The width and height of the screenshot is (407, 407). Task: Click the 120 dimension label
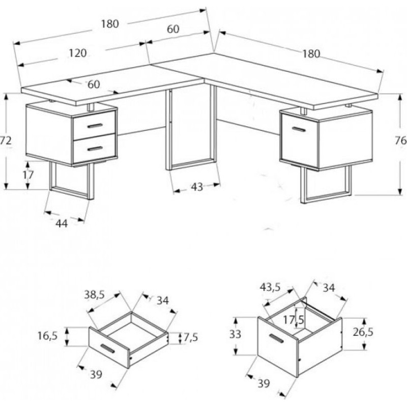click(x=78, y=53)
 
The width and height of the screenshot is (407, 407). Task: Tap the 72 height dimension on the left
click(x=6, y=141)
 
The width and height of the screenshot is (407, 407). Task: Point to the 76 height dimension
click(x=400, y=141)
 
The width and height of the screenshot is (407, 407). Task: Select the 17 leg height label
click(x=28, y=175)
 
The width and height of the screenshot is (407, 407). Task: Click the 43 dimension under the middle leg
click(x=197, y=186)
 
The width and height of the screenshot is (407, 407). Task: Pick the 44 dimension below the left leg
click(x=62, y=223)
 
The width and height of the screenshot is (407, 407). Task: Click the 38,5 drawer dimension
click(x=94, y=295)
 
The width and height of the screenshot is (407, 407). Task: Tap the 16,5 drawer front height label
click(x=47, y=336)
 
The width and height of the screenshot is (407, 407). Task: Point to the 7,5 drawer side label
click(x=191, y=337)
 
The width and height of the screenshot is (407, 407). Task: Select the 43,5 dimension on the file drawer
click(x=270, y=287)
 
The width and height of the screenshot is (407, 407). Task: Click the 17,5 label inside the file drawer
click(x=294, y=320)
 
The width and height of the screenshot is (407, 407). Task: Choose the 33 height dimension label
click(x=235, y=334)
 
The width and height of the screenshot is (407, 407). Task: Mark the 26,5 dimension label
click(x=363, y=332)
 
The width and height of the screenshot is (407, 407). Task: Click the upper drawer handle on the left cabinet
click(x=95, y=126)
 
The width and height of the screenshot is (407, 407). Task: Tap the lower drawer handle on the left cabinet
click(x=95, y=149)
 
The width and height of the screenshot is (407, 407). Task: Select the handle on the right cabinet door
click(x=299, y=129)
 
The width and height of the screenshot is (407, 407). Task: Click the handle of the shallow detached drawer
click(x=107, y=348)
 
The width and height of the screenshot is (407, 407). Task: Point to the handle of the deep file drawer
click(x=276, y=338)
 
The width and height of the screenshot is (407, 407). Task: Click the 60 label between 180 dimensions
click(x=173, y=29)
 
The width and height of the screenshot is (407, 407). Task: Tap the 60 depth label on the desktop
click(x=94, y=84)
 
